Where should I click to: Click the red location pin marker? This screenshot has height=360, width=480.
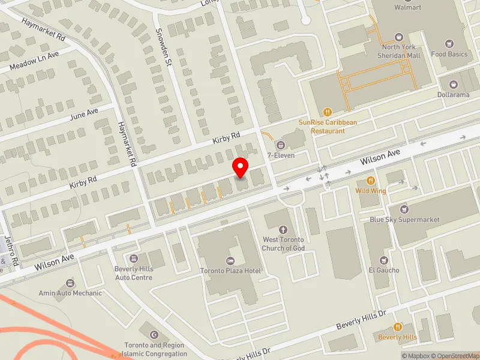(241, 168)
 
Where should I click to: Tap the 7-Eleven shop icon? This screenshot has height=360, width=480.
(280, 145)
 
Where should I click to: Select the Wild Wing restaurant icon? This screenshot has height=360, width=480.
(370, 181)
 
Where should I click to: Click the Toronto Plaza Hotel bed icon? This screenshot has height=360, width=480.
(230, 260)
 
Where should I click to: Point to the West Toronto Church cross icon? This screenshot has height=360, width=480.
(284, 229)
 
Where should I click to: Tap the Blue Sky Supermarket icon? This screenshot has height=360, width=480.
(404, 209)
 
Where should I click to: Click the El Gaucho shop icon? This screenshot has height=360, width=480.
(384, 260)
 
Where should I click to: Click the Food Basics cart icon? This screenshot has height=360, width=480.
(449, 44)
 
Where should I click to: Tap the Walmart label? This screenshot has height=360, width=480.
(408, 7)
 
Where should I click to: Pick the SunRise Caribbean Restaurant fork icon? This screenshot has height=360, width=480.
(328, 112)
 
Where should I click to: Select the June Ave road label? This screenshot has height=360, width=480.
(84, 113)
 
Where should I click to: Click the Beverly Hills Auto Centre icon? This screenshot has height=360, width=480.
(134, 259)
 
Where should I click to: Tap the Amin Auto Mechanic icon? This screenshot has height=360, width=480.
(71, 283)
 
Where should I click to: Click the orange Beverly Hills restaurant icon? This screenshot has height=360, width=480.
(397, 327)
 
